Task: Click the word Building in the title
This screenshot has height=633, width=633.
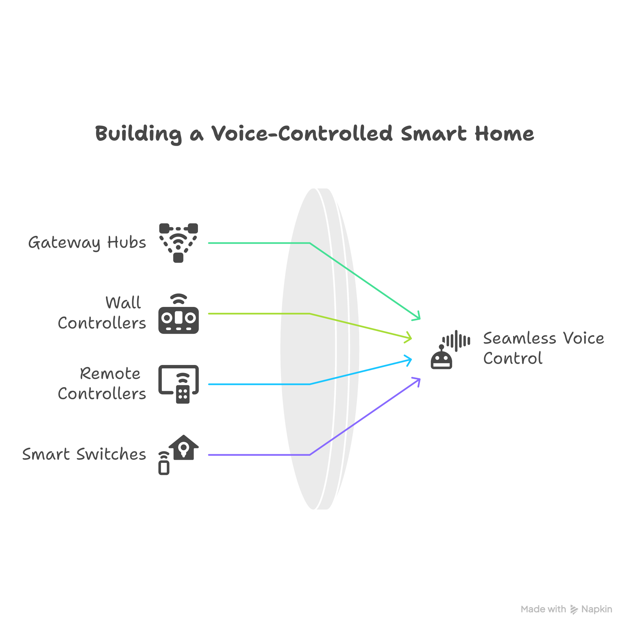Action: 138,134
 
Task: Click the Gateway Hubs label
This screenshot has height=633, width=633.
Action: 87,243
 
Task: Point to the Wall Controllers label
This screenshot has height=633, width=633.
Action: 102,312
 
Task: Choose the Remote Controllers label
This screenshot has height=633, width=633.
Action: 102,383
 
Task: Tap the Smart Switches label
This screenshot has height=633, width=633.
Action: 84,455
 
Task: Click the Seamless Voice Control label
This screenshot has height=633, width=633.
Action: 543,348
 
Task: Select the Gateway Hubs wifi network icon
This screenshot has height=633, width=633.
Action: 178,243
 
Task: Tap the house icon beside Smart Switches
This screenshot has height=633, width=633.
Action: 183,448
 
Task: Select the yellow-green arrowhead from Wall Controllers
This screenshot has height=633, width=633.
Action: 409,338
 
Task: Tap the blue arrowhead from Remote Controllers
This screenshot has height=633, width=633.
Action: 409,360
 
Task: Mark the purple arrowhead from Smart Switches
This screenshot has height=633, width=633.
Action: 417,380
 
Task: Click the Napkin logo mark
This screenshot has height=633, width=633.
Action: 574,610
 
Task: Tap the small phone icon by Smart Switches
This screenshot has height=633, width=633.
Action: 164,467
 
